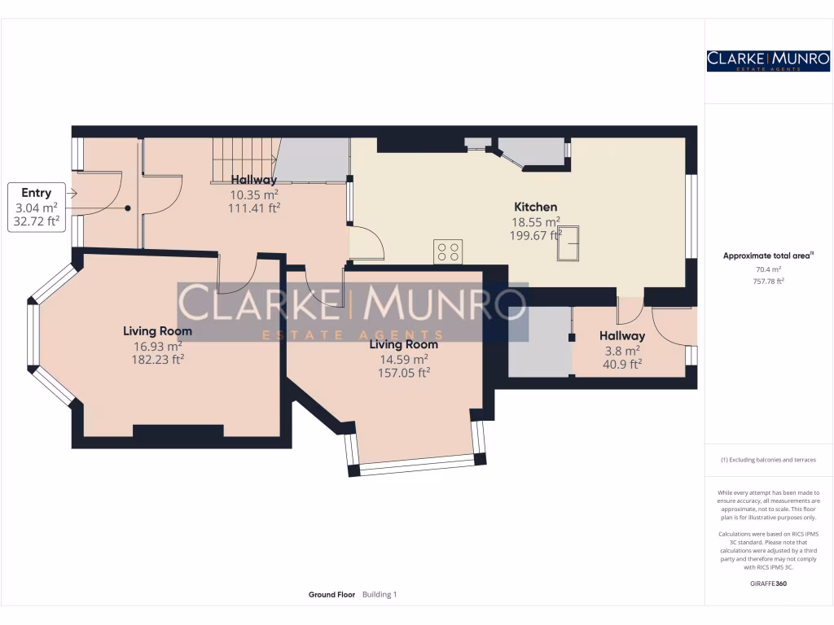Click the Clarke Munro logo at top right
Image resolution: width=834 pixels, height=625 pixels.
tap(768, 60)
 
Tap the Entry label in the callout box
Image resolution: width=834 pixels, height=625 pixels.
tap(36, 193)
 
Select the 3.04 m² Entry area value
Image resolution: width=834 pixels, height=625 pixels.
tap(36, 208)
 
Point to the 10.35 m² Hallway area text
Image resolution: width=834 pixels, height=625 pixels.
tap(253, 194)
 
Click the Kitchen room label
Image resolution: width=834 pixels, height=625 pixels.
tap(535, 207)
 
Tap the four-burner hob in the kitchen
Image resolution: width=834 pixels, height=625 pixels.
tap(448, 252)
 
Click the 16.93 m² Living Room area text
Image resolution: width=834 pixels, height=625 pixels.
tap(157, 345)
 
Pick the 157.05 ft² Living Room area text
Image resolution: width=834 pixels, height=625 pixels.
tap(398, 372)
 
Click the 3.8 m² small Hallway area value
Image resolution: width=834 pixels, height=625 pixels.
tap(621, 350)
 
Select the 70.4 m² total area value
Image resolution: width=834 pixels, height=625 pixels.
tap(768, 269)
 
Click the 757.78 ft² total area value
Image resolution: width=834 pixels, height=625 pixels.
tap(768, 281)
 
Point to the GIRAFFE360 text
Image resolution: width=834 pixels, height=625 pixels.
tap(768, 583)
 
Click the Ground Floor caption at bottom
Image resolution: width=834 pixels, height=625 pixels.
tap(331, 595)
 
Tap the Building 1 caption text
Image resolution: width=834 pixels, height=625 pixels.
tap(379, 595)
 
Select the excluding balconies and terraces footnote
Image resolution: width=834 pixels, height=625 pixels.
tap(768, 460)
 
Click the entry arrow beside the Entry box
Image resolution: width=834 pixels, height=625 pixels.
tap(72, 194)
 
